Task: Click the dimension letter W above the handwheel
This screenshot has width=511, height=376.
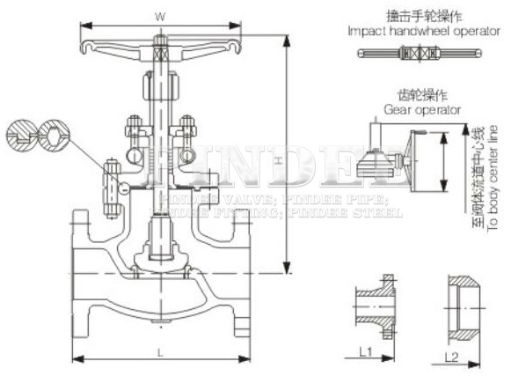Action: pyautogui.click(x=159, y=15)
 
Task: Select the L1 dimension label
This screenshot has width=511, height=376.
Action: pyautogui.click(x=367, y=352)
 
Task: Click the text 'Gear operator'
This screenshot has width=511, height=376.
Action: pyautogui.click(x=422, y=110)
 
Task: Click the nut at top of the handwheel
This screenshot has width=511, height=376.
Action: pyautogui.click(x=159, y=41)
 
